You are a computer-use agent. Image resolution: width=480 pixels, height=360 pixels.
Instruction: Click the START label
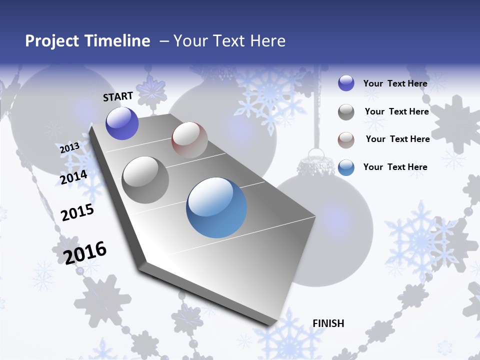tap(118, 96)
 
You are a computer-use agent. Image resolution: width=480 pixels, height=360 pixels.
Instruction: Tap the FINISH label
tap(328, 323)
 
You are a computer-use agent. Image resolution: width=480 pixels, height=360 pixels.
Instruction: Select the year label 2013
tap(69, 148)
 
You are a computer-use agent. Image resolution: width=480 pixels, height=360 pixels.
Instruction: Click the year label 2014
tap(74, 177)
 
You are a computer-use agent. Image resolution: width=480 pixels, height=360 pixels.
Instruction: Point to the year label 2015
tap(77, 212)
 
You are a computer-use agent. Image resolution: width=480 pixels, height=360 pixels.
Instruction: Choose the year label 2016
tap(85, 252)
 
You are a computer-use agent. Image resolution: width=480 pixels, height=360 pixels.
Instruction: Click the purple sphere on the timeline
tap(122, 123)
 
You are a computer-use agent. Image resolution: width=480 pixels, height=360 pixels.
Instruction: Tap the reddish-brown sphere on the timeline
tap(189, 140)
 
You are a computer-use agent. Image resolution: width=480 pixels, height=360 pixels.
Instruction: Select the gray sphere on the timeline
tap(145, 180)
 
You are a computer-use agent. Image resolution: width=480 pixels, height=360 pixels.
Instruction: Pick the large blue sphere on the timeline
tap(216, 207)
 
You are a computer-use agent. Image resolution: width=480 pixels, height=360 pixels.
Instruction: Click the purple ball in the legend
tap(346, 83)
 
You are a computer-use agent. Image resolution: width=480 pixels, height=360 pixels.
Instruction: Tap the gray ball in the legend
tap(346, 112)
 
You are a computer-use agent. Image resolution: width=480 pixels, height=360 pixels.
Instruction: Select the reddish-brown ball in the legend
tap(346, 140)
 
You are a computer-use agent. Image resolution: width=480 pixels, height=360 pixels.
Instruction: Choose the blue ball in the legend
tap(346, 167)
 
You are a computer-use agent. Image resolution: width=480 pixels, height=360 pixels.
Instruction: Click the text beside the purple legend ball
tap(395, 83)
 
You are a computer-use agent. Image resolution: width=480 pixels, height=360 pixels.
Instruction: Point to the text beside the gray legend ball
tap(396, 111)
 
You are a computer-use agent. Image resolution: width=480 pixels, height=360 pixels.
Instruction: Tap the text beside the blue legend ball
tap(395, 167)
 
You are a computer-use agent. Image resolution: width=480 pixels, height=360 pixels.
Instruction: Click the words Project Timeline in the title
tap(87, 41)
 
